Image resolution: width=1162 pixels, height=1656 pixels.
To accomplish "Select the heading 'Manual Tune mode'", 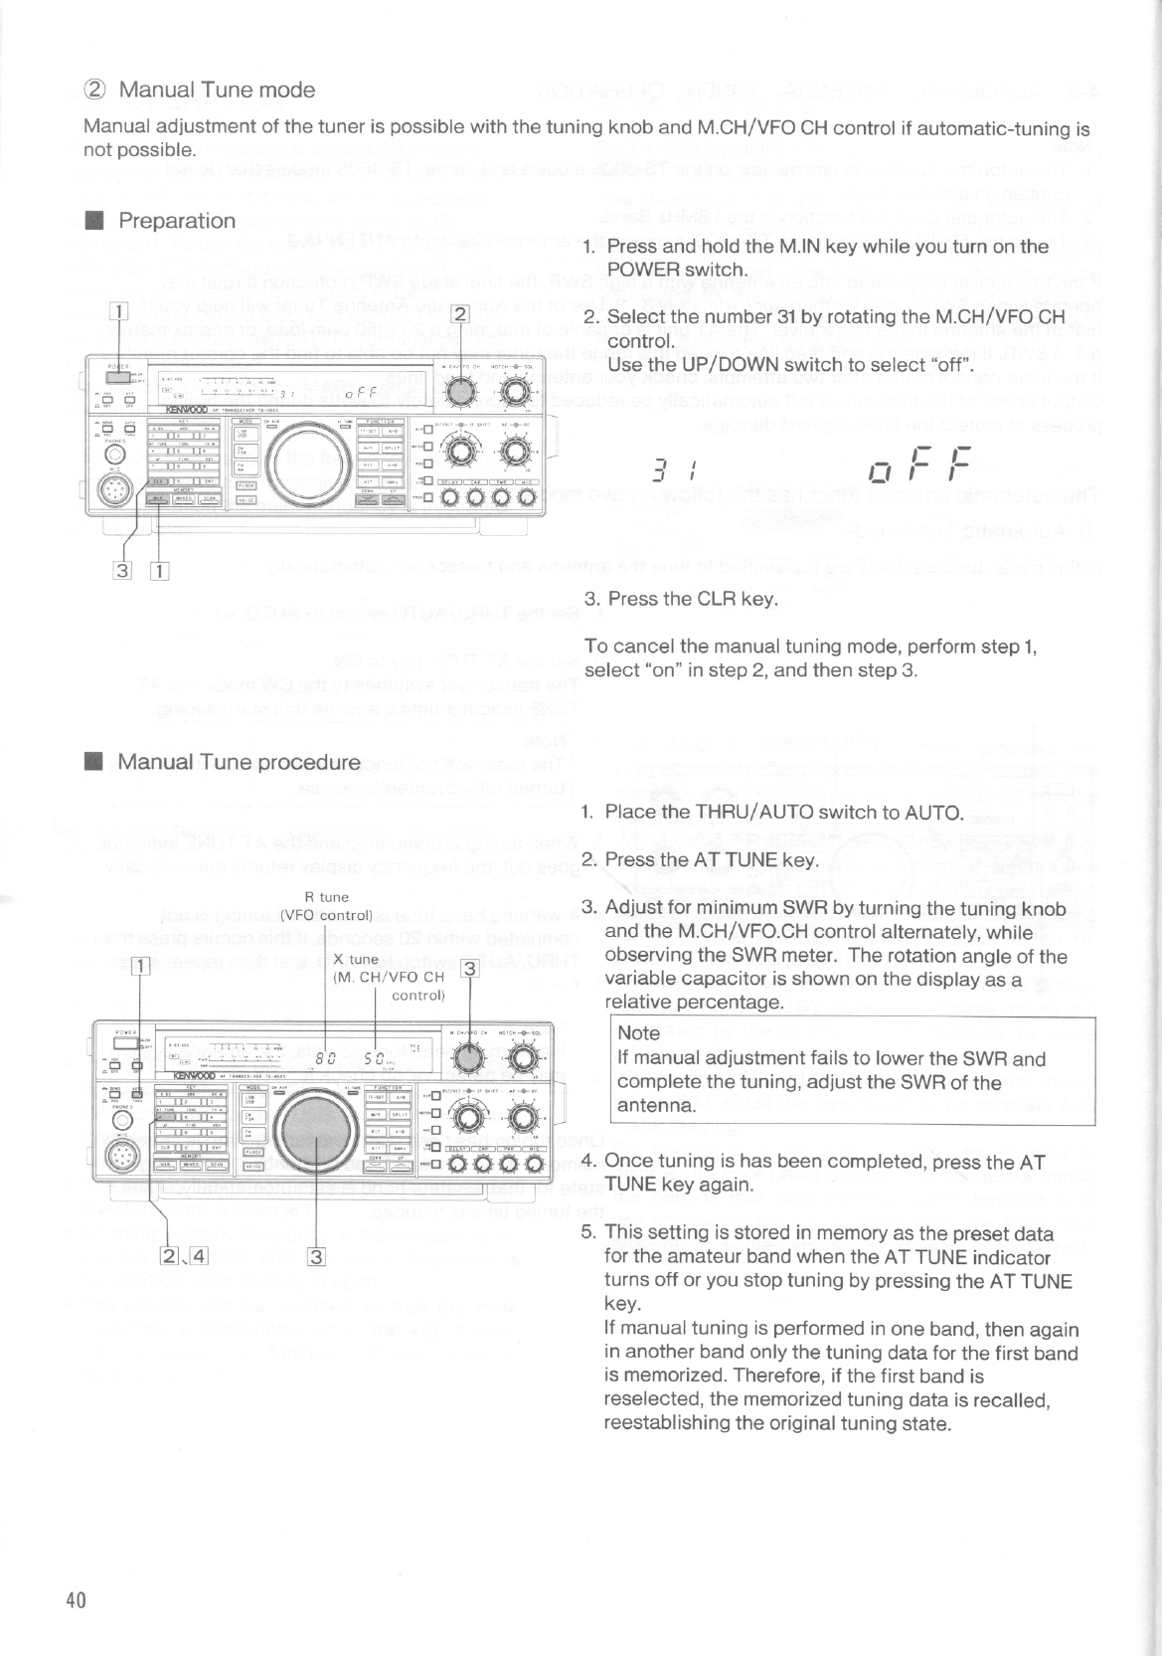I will (x=217, y=90).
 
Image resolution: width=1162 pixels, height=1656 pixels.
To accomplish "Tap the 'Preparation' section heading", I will (x=177, y=221).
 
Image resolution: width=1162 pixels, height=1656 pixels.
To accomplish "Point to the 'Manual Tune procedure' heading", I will (x=239, y=763).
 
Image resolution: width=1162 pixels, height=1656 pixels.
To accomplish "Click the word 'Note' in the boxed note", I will (x=638, y=1033).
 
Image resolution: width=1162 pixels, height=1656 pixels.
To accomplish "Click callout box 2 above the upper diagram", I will (x=459, y=315).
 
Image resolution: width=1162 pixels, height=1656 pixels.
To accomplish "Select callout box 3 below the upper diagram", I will (x=122, y=570).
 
